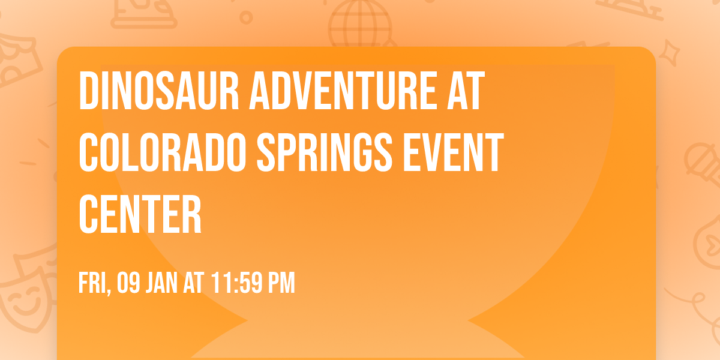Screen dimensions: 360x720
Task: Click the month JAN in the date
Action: point(163,283)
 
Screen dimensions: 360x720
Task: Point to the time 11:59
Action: point(238,283)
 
